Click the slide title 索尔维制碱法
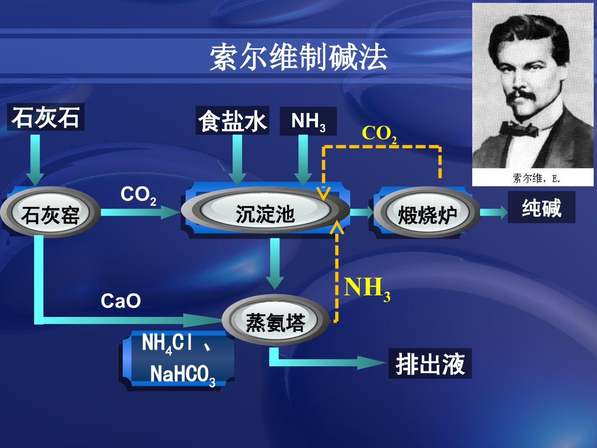298,58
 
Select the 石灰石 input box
46,117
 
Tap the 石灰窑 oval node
50,212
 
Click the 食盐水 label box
232,120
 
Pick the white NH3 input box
308,121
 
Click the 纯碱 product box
541,207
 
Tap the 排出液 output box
430,363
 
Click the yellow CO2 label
379,134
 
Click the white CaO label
121,301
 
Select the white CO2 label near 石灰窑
138,195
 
